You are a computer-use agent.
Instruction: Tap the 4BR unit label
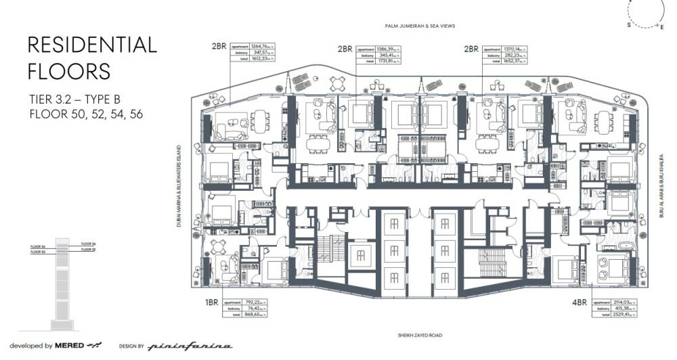pyautogui.click(x=580, y=302)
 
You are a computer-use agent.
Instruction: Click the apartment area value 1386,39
pyautogui.click(x=389, y=49)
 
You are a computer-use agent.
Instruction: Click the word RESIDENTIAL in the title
pyautogui.click(x=92, y=45)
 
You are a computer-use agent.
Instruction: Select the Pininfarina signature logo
pyautogui.click(x=190, y=346)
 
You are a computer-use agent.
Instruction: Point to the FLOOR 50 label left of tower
pyautogui.click(x=39, y=252)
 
